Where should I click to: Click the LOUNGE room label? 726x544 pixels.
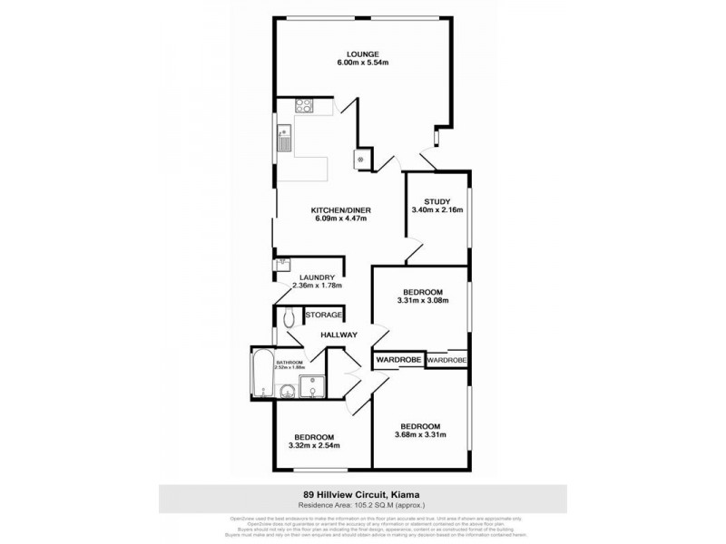362,53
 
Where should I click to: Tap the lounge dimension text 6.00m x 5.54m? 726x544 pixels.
362,63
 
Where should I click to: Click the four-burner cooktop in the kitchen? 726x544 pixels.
301,105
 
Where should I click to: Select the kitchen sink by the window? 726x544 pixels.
284,138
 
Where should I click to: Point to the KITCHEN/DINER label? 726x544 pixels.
341,210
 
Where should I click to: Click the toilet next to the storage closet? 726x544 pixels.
289,318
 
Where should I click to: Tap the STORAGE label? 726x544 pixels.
323,315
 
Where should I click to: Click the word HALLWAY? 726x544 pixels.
338,335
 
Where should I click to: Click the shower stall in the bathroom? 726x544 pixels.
311,387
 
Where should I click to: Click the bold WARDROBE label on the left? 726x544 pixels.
397,360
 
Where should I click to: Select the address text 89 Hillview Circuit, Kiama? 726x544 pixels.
362,494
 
